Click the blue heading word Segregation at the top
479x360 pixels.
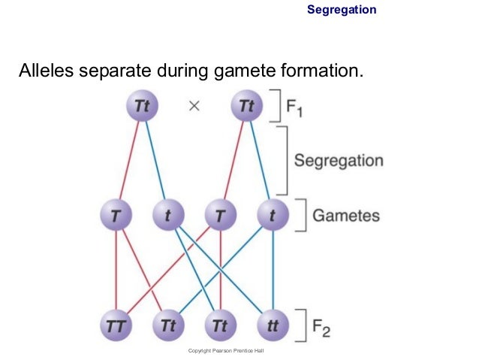pos(342,10)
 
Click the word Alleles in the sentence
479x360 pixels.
pos(48,72)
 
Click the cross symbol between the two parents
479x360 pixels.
pos(194,106)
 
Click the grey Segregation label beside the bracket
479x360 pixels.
pos(339,161)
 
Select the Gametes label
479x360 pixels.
pos(345,216)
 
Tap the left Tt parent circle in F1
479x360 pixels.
pos(143,106)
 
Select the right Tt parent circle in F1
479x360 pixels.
pos(247,106)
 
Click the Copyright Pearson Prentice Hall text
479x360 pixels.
pos(225,351)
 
